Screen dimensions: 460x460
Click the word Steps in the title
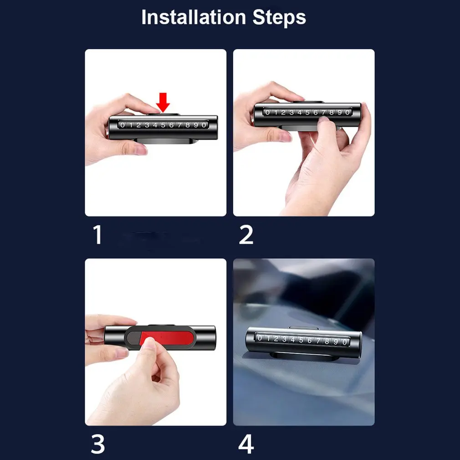coord(279,18)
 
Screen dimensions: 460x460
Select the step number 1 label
coord(97,235)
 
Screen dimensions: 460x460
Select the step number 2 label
coord(246,235)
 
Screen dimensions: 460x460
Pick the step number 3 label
coord(97,444)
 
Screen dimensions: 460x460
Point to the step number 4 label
coord(246,444)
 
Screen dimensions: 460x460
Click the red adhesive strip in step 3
coord(167,337)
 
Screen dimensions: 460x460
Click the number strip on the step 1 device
coord(163,125)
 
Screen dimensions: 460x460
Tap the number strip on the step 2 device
coord(307,112)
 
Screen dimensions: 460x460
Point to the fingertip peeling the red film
coord(149,342)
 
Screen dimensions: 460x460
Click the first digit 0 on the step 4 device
coord(260,337)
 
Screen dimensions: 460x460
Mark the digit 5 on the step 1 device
coord(163,125)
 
